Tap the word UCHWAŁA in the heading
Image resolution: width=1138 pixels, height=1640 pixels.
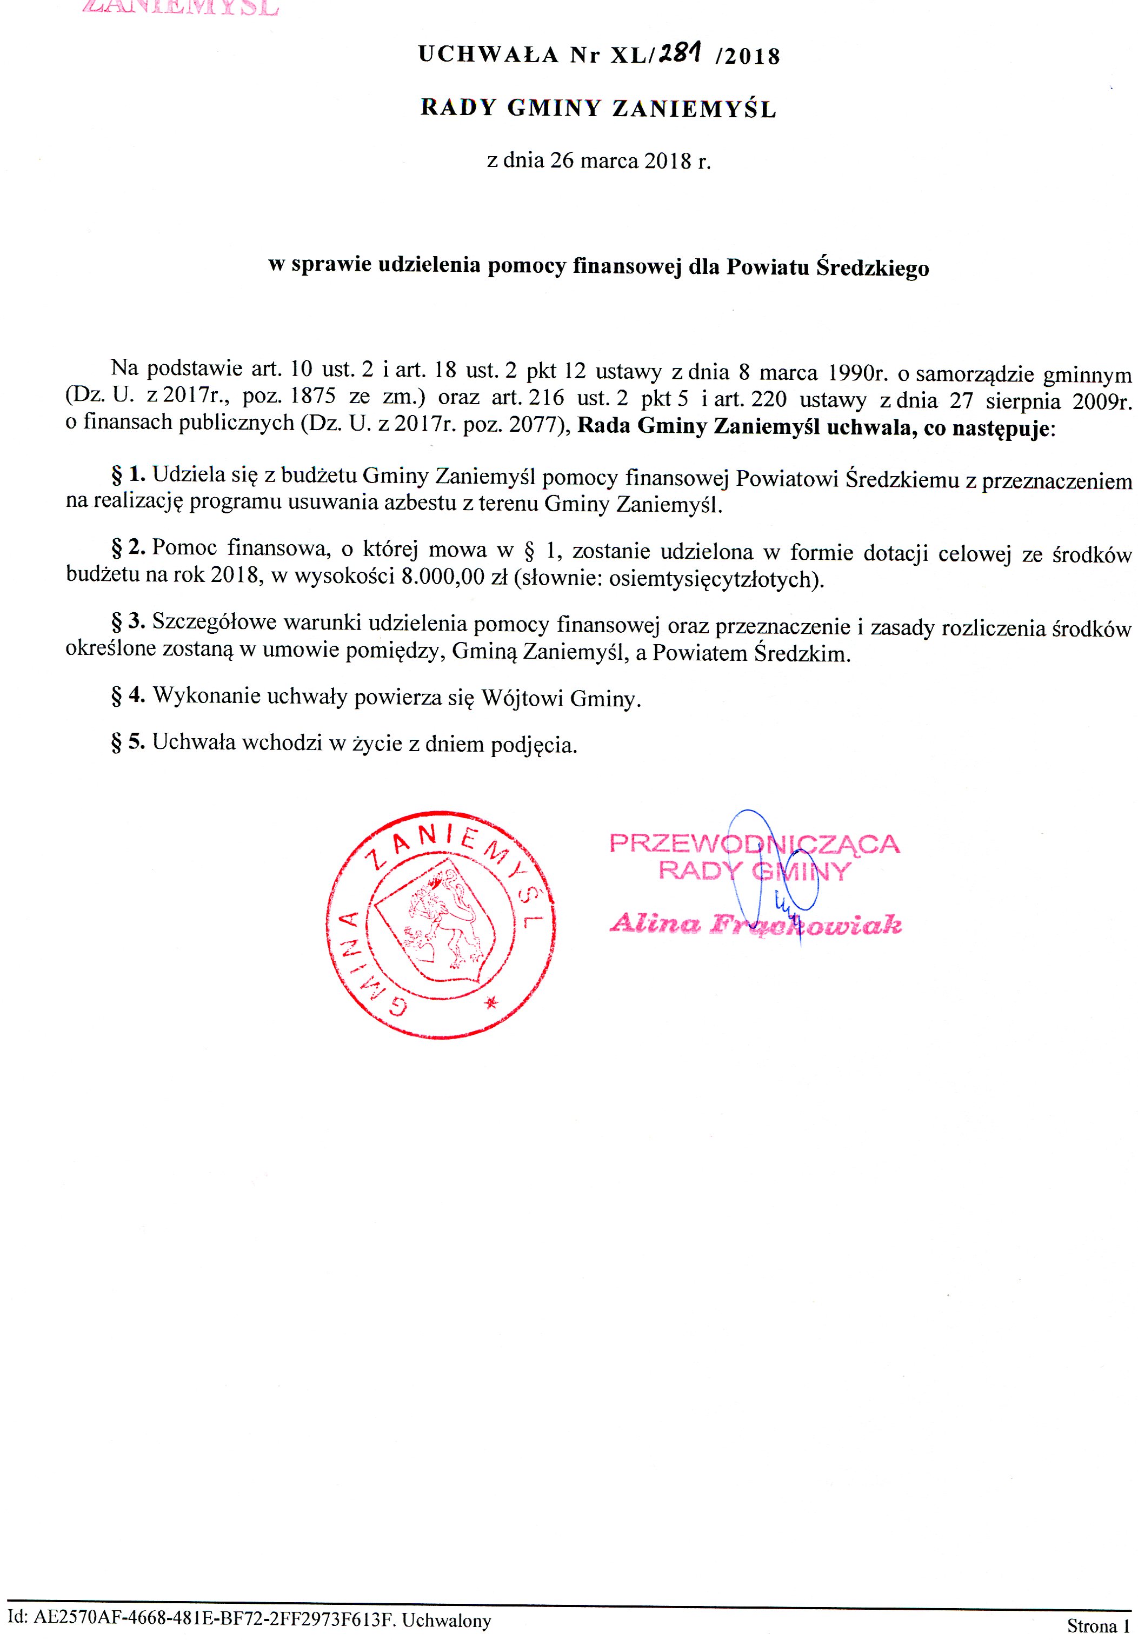(x=488, y=55)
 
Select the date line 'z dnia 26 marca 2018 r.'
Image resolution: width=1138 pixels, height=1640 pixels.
(x=599, y=160)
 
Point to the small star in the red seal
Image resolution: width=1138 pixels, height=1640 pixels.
(x=490, y=1003)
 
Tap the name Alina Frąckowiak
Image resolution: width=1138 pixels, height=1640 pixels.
(x=756, y=925)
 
